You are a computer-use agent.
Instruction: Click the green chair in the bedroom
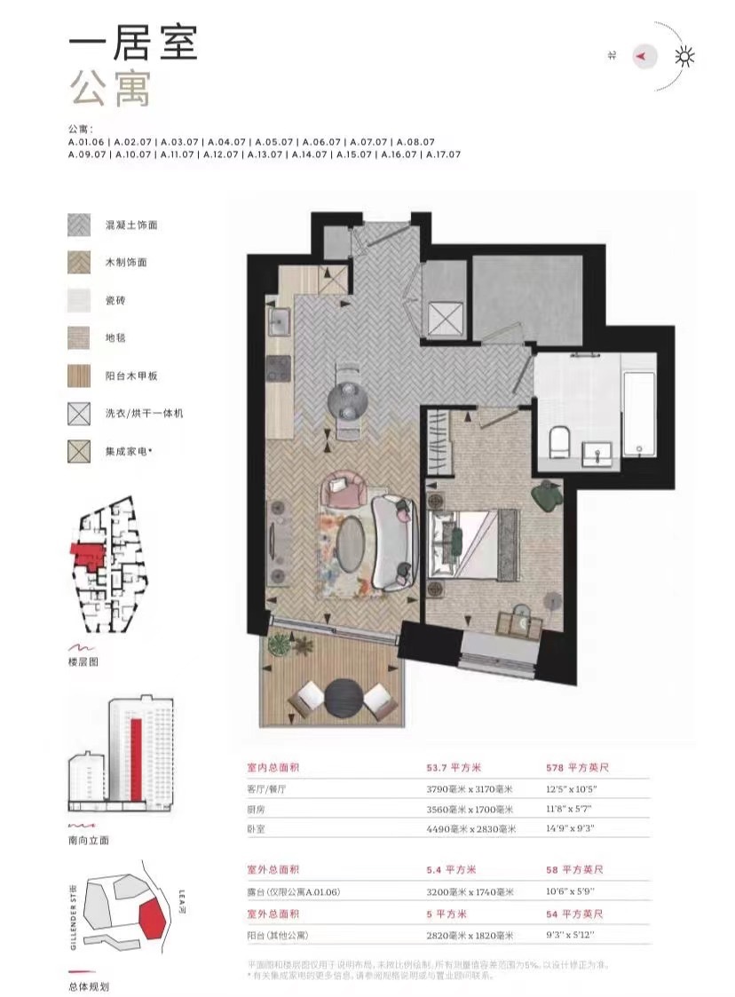(x=548, y=495)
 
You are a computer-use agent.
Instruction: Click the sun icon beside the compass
(x=684, y=57)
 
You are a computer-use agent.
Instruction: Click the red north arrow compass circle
(x=644, y=56)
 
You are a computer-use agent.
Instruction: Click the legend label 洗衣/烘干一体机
(x=144, y=413)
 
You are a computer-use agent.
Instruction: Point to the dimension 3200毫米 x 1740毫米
(x=470, y=892)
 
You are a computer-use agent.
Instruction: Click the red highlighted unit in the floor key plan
(x=87, y=556)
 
